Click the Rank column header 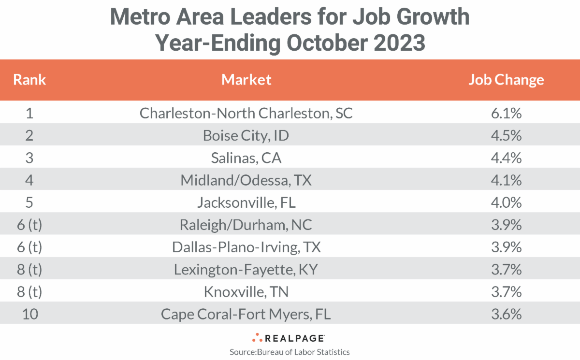(29, 80)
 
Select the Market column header (246, 80)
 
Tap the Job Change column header (506, 80)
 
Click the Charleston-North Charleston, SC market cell (246, 113)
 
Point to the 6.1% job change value (506, 113)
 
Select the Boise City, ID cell (246, 135)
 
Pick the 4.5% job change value (506, 135)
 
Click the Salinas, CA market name (246, 158)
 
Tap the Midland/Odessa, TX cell (246, 180)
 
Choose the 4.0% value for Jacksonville (506, 202)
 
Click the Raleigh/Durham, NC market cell (246, 225)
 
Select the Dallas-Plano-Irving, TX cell (246, 247)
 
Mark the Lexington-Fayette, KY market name (246, 269)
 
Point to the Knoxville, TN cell (246, 292)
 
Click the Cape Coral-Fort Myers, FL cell (246, 314)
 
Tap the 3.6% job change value (506, 314)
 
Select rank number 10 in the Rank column (29, 314)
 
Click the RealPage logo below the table (290, 338)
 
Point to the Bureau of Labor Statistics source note (290, 352)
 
